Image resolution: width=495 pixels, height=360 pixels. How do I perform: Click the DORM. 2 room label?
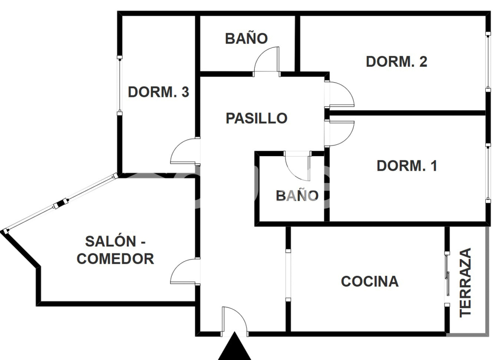[396, 62]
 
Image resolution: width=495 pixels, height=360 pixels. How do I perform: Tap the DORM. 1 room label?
[407, 166]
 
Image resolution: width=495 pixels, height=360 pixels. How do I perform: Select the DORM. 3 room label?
[158, 92]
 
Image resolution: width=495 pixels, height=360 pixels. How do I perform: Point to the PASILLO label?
[256, 118]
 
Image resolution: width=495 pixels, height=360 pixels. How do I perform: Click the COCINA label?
[370, 281]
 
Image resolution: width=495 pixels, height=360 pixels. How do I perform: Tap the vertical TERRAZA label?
[466, 282]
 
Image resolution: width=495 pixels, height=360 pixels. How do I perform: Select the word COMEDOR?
[116, 259]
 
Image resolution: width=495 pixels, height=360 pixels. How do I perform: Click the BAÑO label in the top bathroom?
[246, 39]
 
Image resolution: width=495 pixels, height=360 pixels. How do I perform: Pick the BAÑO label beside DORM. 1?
[297, 196]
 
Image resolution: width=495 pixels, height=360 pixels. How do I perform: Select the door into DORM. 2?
[341, 94]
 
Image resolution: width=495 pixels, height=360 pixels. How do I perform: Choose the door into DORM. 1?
[341, 133]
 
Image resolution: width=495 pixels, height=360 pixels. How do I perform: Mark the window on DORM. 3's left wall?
[119, 86]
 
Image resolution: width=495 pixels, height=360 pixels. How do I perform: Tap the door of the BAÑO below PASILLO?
[297, 165]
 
